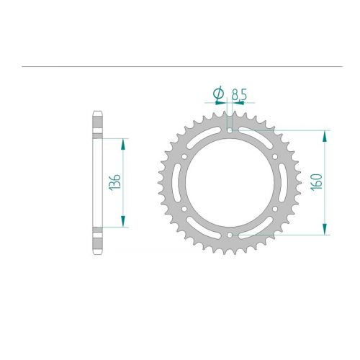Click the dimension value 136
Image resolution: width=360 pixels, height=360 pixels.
click(x=114, y=183)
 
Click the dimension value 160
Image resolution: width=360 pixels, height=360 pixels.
click(x=316, y=182)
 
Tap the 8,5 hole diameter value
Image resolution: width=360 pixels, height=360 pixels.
click(x=239, y=95)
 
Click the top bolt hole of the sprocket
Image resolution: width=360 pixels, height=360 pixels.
click(x=230, y=130)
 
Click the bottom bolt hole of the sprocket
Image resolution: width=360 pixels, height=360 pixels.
click(x=230, y=235)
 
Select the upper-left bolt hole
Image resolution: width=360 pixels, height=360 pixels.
click(x=184, y=157)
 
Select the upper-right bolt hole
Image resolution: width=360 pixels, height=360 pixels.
click(x=275, y=157)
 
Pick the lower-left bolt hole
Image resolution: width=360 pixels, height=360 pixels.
click(x=184, y=209)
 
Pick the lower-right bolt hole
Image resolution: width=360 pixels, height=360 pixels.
click(x=275, y=209)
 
